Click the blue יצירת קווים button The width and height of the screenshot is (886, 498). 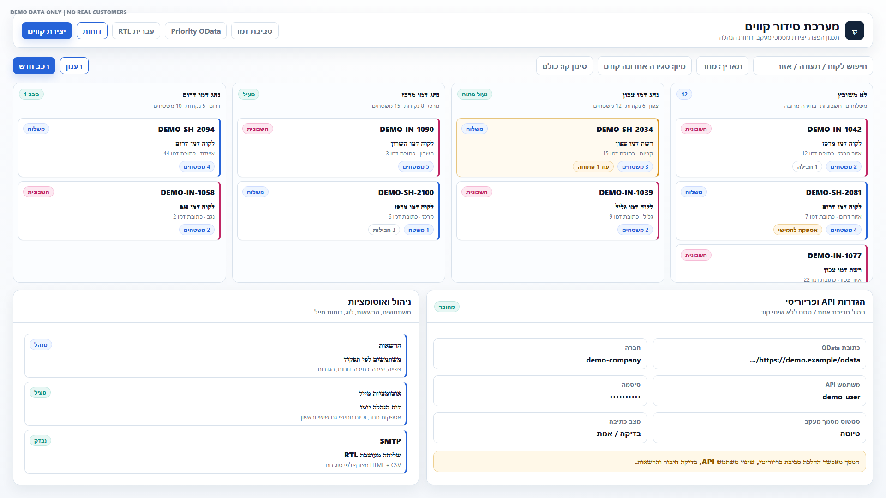[47, 31]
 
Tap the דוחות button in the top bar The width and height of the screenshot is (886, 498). [92, 31]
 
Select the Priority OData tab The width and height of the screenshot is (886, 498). [196, 31]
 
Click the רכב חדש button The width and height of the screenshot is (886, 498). [34, 66]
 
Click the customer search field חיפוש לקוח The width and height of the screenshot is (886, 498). [813, 66]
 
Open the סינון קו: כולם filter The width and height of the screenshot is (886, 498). [564, 66]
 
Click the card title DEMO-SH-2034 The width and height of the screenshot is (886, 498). [624, 129]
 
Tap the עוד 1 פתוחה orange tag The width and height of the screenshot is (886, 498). [593, 166]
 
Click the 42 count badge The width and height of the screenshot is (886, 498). [684, 94]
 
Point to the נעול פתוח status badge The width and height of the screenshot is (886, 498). [474, 94]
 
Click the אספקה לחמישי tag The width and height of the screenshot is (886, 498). [797, 230]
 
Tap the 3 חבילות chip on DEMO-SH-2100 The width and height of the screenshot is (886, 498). [384, 230]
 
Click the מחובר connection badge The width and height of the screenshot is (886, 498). [447, 307]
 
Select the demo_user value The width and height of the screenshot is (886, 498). [841, 397]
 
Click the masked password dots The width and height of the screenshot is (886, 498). [625, 397]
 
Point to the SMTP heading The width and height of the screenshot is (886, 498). [390, 441]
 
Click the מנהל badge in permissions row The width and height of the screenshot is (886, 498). [41, 344]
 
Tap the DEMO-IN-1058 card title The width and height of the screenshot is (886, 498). [187, 192]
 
